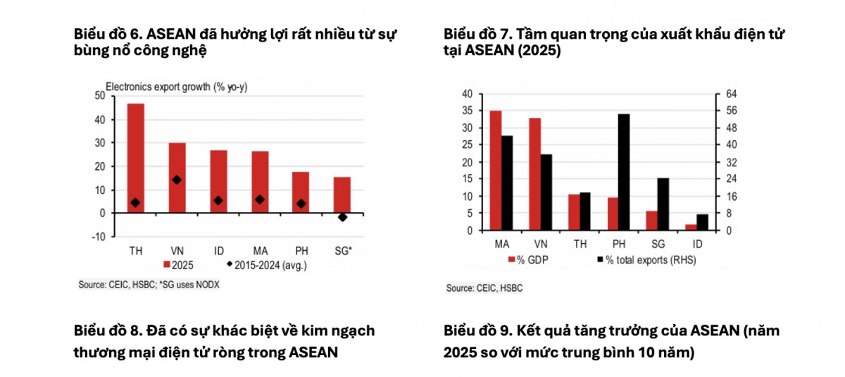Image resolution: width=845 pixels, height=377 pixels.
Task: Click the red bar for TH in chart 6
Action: click(135, 158)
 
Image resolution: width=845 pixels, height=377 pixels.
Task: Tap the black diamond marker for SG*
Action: click(342, 217)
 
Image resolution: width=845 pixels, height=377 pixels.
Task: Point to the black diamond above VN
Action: click(177, 180)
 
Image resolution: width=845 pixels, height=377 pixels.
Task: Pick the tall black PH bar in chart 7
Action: click(624, 172)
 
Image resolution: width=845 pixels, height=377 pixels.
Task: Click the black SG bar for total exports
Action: click(663, 204)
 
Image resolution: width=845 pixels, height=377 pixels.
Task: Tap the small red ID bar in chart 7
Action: click(690, 227)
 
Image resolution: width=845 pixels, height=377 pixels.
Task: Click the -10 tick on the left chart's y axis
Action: click(98, 237)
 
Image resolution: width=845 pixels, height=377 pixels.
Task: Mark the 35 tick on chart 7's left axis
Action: click(467, 111)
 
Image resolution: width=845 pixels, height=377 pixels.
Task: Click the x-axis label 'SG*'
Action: click(342, 250)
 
